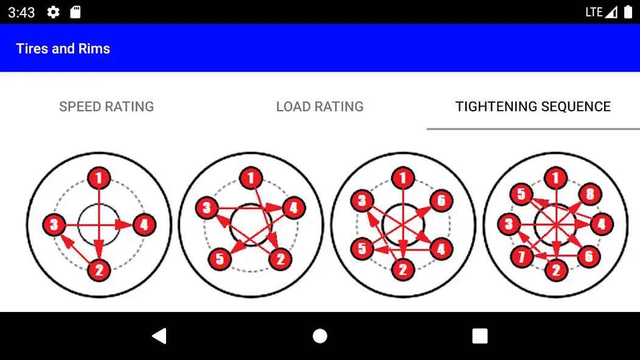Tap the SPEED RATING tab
(x=106, y=106)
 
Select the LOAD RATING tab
(x=319, y=106)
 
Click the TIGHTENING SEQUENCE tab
(x=533, y=106)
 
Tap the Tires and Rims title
(x=63, y=49)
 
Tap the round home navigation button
(x=320, y=336)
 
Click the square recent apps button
(x=480, y=336)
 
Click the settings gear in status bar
(x=53, y=12)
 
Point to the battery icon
(x=628, y=12)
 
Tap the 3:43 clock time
(x=21, y=13)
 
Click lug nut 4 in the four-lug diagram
(x=144, y=224)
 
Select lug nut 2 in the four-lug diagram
(x=99, y=270)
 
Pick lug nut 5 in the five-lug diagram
(x=220, y=259)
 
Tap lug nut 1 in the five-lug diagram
(x=251, y=178)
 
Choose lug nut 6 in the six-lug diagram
(x=441, y=201)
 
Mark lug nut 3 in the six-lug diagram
(x=362, y=201)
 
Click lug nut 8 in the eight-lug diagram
(x=590, y=194)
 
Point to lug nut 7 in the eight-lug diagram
(x=521, y=257)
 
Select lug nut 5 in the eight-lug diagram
(x=521, y=194)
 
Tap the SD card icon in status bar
(x=75, y=12)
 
